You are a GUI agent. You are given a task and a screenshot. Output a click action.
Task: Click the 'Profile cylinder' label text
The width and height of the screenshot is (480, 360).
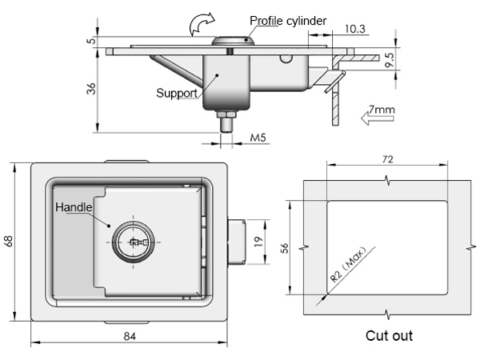[288, 21]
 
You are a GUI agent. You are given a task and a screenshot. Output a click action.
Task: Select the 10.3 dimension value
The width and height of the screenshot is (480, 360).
[354, 29]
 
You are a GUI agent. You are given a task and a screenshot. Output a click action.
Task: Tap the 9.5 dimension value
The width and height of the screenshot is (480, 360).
[390, 60]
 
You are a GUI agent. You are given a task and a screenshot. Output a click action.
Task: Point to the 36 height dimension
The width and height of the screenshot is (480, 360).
[91, 89]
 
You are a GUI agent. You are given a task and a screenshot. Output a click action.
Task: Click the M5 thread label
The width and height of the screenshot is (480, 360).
[258, 138]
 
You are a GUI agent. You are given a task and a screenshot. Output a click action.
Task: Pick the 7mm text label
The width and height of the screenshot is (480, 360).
[382, 110]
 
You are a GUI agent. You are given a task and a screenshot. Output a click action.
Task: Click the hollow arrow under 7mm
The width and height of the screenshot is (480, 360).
[377, 118]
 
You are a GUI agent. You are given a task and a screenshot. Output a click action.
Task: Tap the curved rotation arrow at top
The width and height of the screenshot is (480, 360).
[202, 24]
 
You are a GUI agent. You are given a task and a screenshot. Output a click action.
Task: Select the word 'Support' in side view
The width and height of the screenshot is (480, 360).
[177, 93]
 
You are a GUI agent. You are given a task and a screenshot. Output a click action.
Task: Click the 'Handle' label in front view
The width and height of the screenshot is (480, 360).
[74, 207]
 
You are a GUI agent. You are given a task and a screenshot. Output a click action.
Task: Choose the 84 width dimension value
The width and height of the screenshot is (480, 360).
[130, 337]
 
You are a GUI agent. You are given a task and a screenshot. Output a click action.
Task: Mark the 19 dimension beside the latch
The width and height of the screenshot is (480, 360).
[258, 242]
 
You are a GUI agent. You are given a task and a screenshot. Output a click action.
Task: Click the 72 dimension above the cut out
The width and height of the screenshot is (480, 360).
[387, 159]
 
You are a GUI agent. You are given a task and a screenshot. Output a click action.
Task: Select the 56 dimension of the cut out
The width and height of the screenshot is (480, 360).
[284, 248]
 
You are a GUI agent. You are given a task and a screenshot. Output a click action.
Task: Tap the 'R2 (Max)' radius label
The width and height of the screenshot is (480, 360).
[348, 264]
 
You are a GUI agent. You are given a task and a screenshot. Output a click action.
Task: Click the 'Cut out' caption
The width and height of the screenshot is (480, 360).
[389, 336]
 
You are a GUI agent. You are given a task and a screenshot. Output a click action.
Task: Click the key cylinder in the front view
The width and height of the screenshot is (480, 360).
[133, 242]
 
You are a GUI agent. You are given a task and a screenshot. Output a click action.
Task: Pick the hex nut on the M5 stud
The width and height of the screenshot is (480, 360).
[226, 114]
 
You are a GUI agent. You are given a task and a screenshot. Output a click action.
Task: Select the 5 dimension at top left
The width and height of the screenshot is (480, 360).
[91, 40]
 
